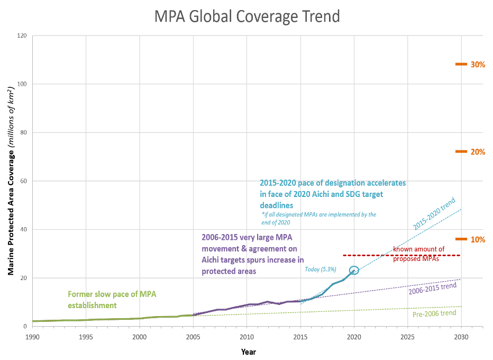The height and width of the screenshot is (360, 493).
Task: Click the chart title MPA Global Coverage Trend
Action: point(247,16)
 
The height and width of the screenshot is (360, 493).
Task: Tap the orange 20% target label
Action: point(478,152)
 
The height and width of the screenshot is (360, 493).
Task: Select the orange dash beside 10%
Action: point(461,239)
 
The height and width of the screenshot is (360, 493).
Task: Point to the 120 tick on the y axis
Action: point(21,35)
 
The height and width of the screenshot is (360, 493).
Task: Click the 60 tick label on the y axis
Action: point(23,181)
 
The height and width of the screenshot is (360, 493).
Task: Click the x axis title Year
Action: point(248,351)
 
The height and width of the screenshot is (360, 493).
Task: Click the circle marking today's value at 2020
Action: point(354,270)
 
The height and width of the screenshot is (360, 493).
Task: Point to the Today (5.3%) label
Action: point(321,269)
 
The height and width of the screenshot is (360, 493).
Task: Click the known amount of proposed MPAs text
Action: point(418,254)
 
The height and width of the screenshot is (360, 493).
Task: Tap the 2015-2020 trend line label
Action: point(434,213)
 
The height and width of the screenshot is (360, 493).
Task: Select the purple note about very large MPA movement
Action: point(252,254)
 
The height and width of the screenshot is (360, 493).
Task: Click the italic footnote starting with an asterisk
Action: point(319,218)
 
